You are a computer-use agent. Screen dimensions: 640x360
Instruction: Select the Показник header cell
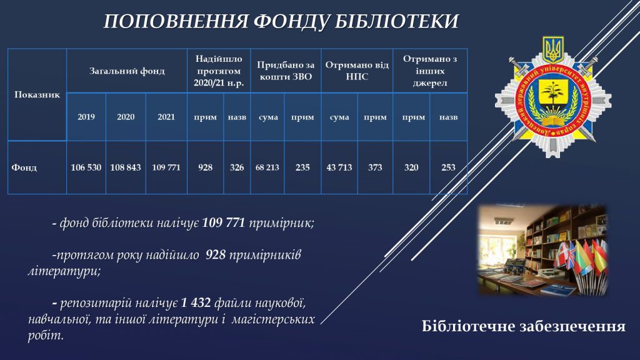pyautogui.click(x=37, y=95)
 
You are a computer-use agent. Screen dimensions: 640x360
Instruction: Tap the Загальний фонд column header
pyautogui.click(x=127, y=71)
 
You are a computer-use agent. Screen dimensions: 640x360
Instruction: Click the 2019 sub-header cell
pyautogui.click(x=86, y=117)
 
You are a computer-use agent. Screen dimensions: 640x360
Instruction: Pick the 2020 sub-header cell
pyautogui.click(x=126, y=117)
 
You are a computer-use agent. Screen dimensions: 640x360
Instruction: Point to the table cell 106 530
pyautogui.click(x=86, y=167)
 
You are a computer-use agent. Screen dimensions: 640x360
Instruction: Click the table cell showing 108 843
pyautogui.click(x=126, y=167)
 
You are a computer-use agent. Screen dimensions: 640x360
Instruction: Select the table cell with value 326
pyautogui.click(x=237, y=167)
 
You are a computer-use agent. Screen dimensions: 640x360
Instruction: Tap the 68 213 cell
pyautogui.click(x=267, y=167)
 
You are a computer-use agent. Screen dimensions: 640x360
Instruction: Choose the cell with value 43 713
pyautogui.click(x=339, y=167)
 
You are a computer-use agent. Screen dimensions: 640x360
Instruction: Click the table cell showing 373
pyautogui.click(x=375, y=167)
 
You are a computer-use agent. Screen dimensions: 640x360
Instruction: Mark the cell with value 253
pyautogui.click(x=448, y=167)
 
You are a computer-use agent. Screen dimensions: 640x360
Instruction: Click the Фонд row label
pyautogui.click(x=24, y=167)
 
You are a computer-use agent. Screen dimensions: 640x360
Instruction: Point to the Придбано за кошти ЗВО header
pyautogui.click(x=286, y=71)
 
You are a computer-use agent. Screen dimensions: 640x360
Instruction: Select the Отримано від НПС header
pyautogui.click(x=357, y=71)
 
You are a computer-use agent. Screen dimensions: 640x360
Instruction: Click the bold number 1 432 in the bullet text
pyautogui.click(x=196, y=303)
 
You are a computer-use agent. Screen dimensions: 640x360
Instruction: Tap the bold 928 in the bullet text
pyautogui.click(x=216, y=255)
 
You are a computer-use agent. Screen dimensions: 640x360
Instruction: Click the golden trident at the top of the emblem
pyautogui.click(x=553, y=49)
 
